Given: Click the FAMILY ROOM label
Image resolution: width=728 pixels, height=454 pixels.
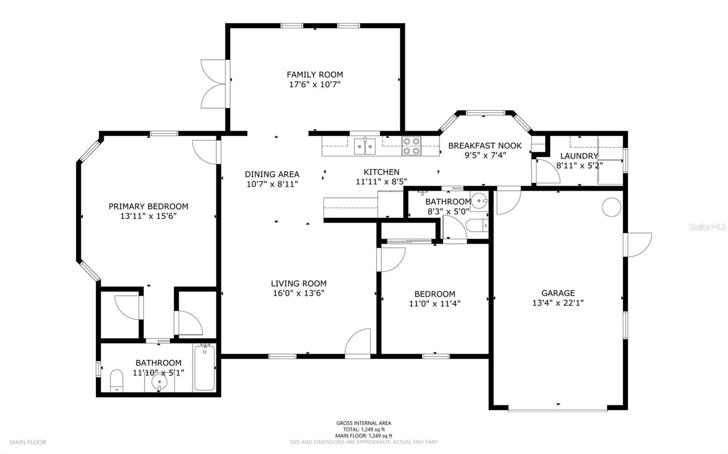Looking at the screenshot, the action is coord(314,75).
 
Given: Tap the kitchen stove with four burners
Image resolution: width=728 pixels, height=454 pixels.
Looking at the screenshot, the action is coord(411,146).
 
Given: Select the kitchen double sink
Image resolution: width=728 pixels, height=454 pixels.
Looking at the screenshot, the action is coord(364,146).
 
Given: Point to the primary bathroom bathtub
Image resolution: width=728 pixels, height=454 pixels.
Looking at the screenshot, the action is coord(204,368).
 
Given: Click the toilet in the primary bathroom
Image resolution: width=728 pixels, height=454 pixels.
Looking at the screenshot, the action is coord(116,380).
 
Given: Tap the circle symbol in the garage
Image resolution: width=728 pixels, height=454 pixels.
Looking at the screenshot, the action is coord(612,207).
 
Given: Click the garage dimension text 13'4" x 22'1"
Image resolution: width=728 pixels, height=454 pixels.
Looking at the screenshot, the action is coord(558,303).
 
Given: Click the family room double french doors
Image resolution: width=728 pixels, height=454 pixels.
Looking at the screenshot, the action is coord(213,84).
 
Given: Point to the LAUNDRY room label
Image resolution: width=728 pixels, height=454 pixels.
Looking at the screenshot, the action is coord(579,156).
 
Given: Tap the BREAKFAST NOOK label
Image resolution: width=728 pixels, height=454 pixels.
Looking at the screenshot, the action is coord(485,146).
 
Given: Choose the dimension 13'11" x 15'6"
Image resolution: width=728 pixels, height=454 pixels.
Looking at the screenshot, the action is coord(148,216).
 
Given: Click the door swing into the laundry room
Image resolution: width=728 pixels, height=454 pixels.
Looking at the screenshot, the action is coord(548,171).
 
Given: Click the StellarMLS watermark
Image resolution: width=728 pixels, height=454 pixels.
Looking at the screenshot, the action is coord(707,227).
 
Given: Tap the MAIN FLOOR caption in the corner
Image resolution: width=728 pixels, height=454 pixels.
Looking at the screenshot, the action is coord(28,442).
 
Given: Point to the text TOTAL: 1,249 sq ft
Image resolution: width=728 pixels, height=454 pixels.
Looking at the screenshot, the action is coord(364,429).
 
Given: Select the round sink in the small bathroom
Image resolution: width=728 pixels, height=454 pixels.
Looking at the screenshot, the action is coord(480,200).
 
